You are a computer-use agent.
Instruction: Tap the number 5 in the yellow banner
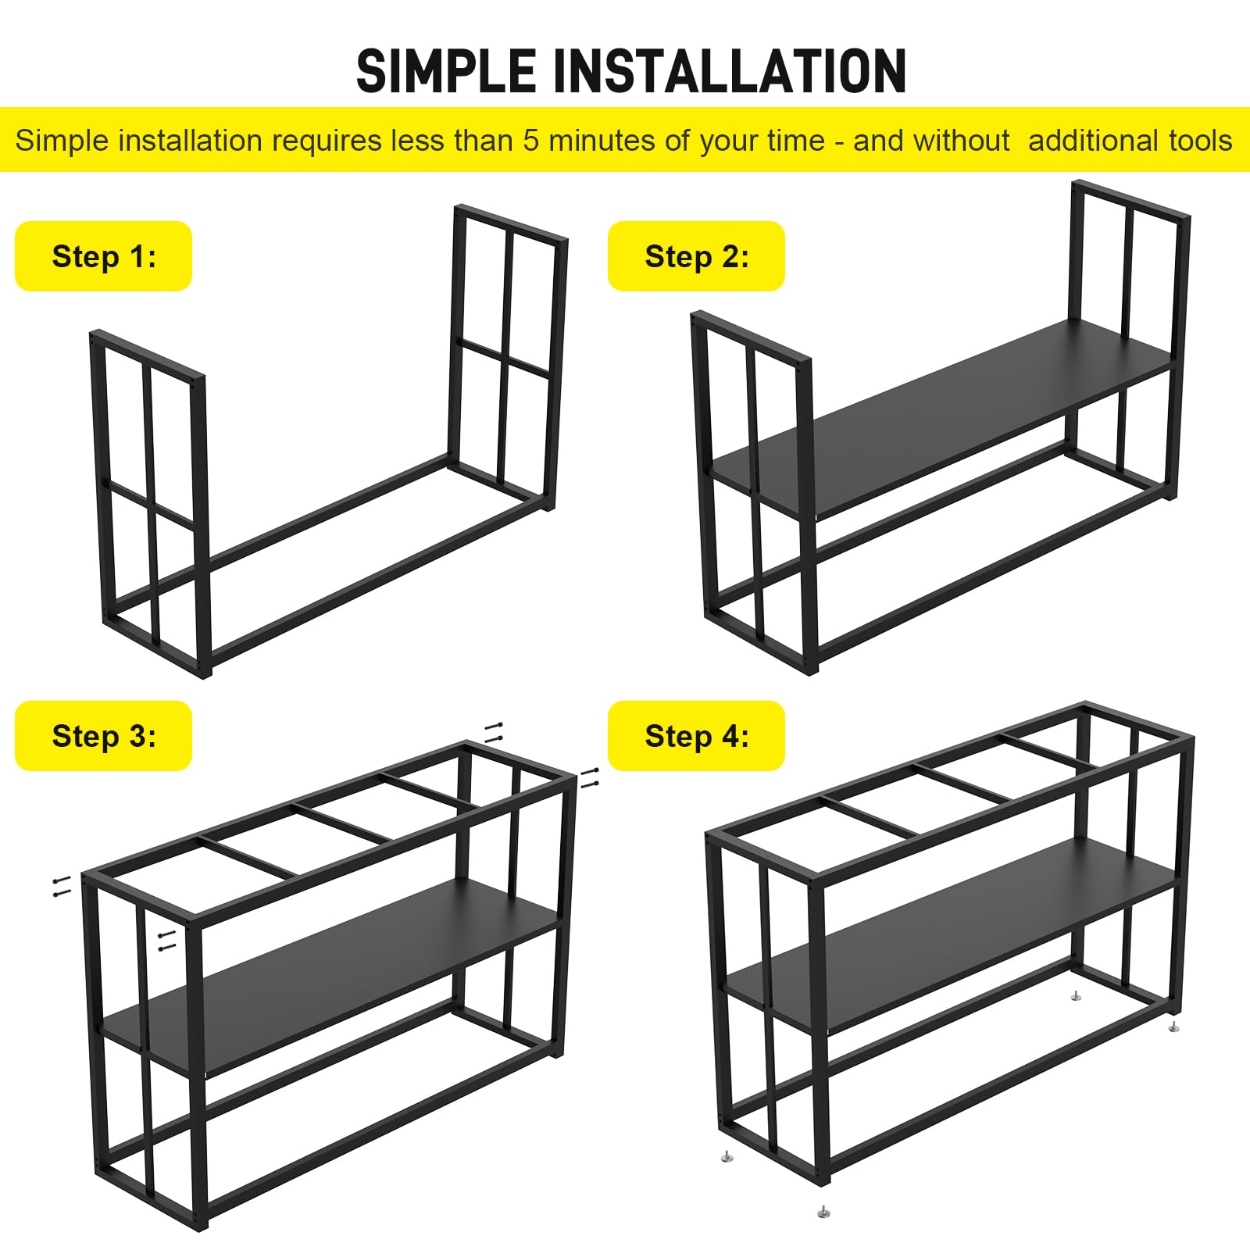tap(531, 141)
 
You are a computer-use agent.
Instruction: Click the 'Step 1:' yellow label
tap(104, 256)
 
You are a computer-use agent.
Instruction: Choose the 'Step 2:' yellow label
tap(697, 256)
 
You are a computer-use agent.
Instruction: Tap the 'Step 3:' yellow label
tap(104, 736)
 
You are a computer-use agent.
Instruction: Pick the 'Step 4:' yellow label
tap(697, 736)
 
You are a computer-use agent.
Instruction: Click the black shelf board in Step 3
tap(330, 977)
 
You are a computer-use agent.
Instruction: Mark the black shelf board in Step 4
tap(951, 935)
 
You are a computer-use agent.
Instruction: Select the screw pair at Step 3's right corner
tap(590, 777)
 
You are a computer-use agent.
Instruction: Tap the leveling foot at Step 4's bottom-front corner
tap(823, 1212)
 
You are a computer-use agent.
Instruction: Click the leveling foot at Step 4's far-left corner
tap(727, 1157)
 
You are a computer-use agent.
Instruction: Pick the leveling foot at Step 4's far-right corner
tap(1173, 1026)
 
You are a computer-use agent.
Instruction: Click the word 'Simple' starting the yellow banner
tap(62, 141)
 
